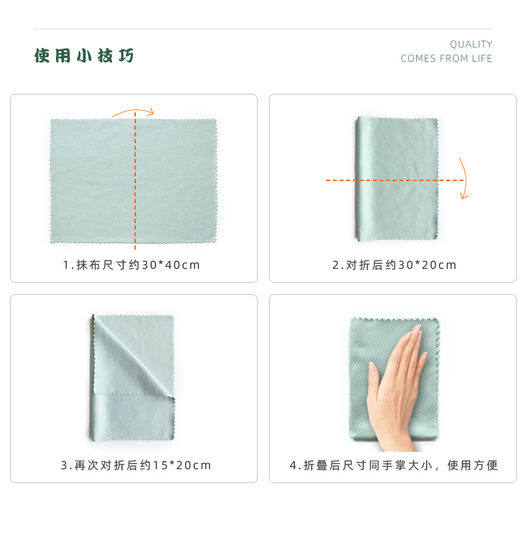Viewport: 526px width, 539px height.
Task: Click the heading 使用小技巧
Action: (x=84, y=56)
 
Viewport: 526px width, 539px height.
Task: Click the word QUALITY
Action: (x=471, y=45)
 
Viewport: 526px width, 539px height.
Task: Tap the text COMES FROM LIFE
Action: (x=446, y=59)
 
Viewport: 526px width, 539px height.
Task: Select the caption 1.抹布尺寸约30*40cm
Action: (x=131, y=265)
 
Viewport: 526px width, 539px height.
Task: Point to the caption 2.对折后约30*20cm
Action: (x=394, y=265)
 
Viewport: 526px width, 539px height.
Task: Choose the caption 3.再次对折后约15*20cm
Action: (x=136, y=465)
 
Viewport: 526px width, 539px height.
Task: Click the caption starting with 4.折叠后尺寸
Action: (x=394, y=465)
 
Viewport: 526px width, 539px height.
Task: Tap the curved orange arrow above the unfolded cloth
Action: (x=133, y=110)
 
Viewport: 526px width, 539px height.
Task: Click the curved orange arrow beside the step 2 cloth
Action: (x=465, y=178)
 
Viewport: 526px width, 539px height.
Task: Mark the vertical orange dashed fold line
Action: (x=135, y=180)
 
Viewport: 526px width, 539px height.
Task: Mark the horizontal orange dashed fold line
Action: (x=395, y=180)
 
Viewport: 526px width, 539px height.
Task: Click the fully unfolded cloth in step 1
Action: (x=133, y=181)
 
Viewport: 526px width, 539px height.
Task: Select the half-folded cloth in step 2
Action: (x=397, y=179)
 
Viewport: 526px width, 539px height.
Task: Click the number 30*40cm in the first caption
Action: (x=170, y=265)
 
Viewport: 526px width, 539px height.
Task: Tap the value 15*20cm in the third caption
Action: (x=182, y=465)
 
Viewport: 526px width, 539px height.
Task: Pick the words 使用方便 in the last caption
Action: (x=472, y=465)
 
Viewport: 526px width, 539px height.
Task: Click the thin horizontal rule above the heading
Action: (x=262, y=29)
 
